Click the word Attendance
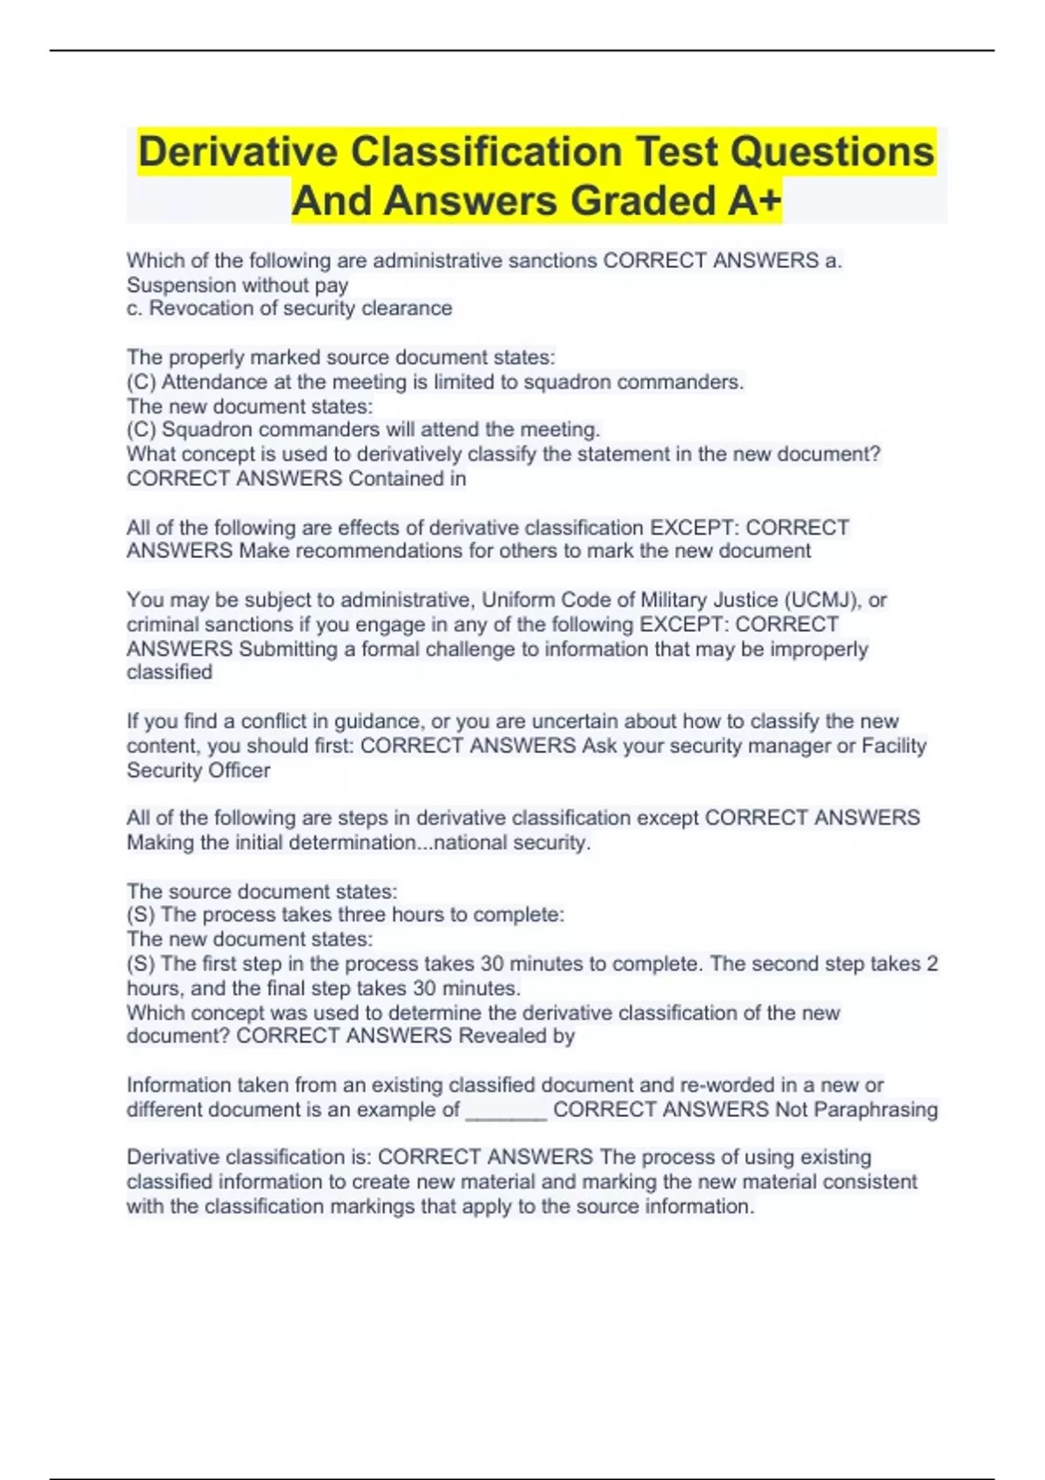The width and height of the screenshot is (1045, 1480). tap(214, 381)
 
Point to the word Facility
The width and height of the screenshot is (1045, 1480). tap(893, 745)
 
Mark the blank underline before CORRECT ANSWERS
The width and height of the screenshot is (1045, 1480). tap(506, 1111)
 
